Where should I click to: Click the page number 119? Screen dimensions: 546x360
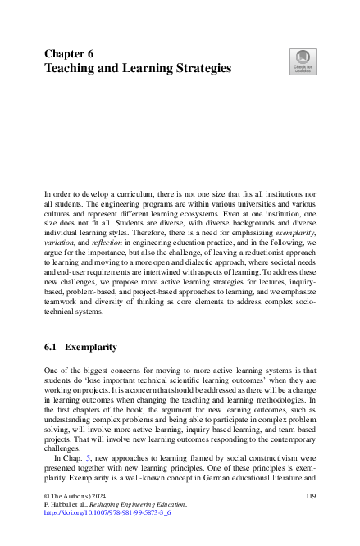click(x=310, y=519)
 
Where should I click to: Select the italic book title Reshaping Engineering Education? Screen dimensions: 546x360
click(x=139, y=528)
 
